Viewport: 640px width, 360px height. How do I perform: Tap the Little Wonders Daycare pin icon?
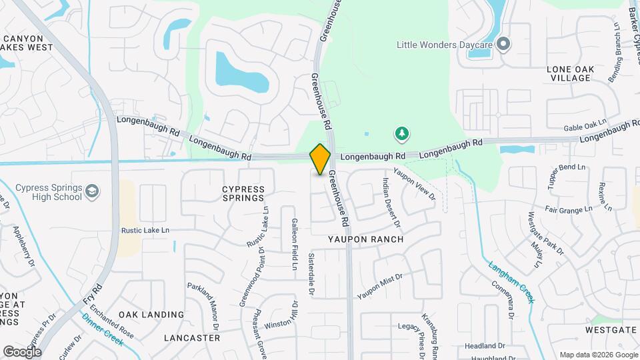[x=504, y=45]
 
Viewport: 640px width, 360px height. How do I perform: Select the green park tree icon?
[x=401, y=135]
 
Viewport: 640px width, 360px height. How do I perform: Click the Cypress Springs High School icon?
[x=92, y=193]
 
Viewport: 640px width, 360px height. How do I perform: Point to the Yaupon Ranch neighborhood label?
[x=365, y=239]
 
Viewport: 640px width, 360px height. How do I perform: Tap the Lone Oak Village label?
[x=569, y=73]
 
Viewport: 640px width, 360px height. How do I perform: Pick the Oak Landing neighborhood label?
[x=151, y=314]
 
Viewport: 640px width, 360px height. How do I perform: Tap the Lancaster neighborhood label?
[x=192, y=338]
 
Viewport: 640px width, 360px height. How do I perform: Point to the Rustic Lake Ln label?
[x=146, y=230]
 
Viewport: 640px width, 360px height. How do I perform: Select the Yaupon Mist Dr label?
[x=380, y=285]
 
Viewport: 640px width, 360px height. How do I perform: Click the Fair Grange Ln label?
[x=569, y=209]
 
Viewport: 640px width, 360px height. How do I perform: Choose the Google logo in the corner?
[x=22, y=351]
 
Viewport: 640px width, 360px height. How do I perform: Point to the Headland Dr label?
[x=485, y=346]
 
